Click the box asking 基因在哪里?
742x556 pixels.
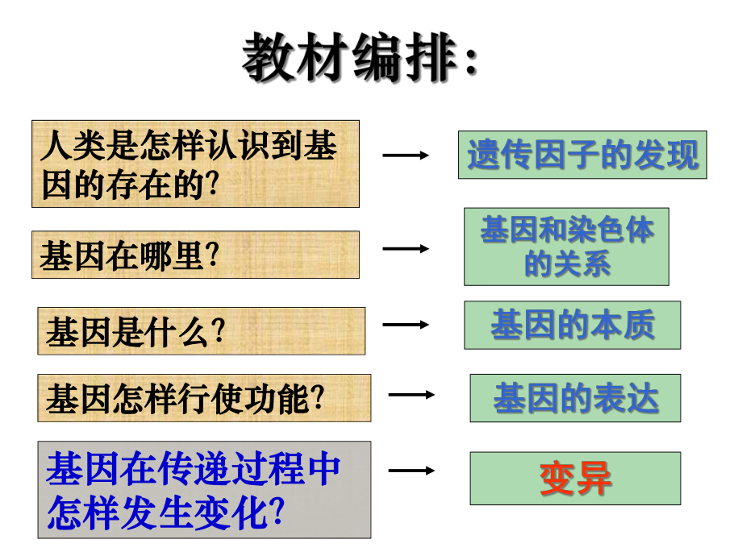click(x=195, y=255)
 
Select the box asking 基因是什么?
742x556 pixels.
click(x=201, y=330)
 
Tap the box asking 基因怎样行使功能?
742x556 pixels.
click(x=204, y=397)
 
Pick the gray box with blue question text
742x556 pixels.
click(x=204, y=489)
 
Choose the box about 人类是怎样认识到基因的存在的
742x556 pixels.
click(x=195, y=164)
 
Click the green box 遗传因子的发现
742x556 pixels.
click(x=582, y=155)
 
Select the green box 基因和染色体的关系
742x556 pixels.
click(x=566, y=247)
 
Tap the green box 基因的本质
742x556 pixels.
click(x=573, y=325)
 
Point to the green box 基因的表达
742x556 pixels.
click(x=575, y=398)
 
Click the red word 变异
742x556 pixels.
click(x=575, y=478)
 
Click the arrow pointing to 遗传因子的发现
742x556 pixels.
click(x=406, y=155)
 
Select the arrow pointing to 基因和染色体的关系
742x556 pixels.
click(x=406, y=249)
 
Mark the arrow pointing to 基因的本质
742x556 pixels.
click(x=406, y=325)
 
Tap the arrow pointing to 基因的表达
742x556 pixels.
click(x=411, y=395)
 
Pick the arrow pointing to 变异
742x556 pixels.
click(x=411, y=470)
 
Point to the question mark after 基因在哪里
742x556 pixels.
click(x=213, y=256)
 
